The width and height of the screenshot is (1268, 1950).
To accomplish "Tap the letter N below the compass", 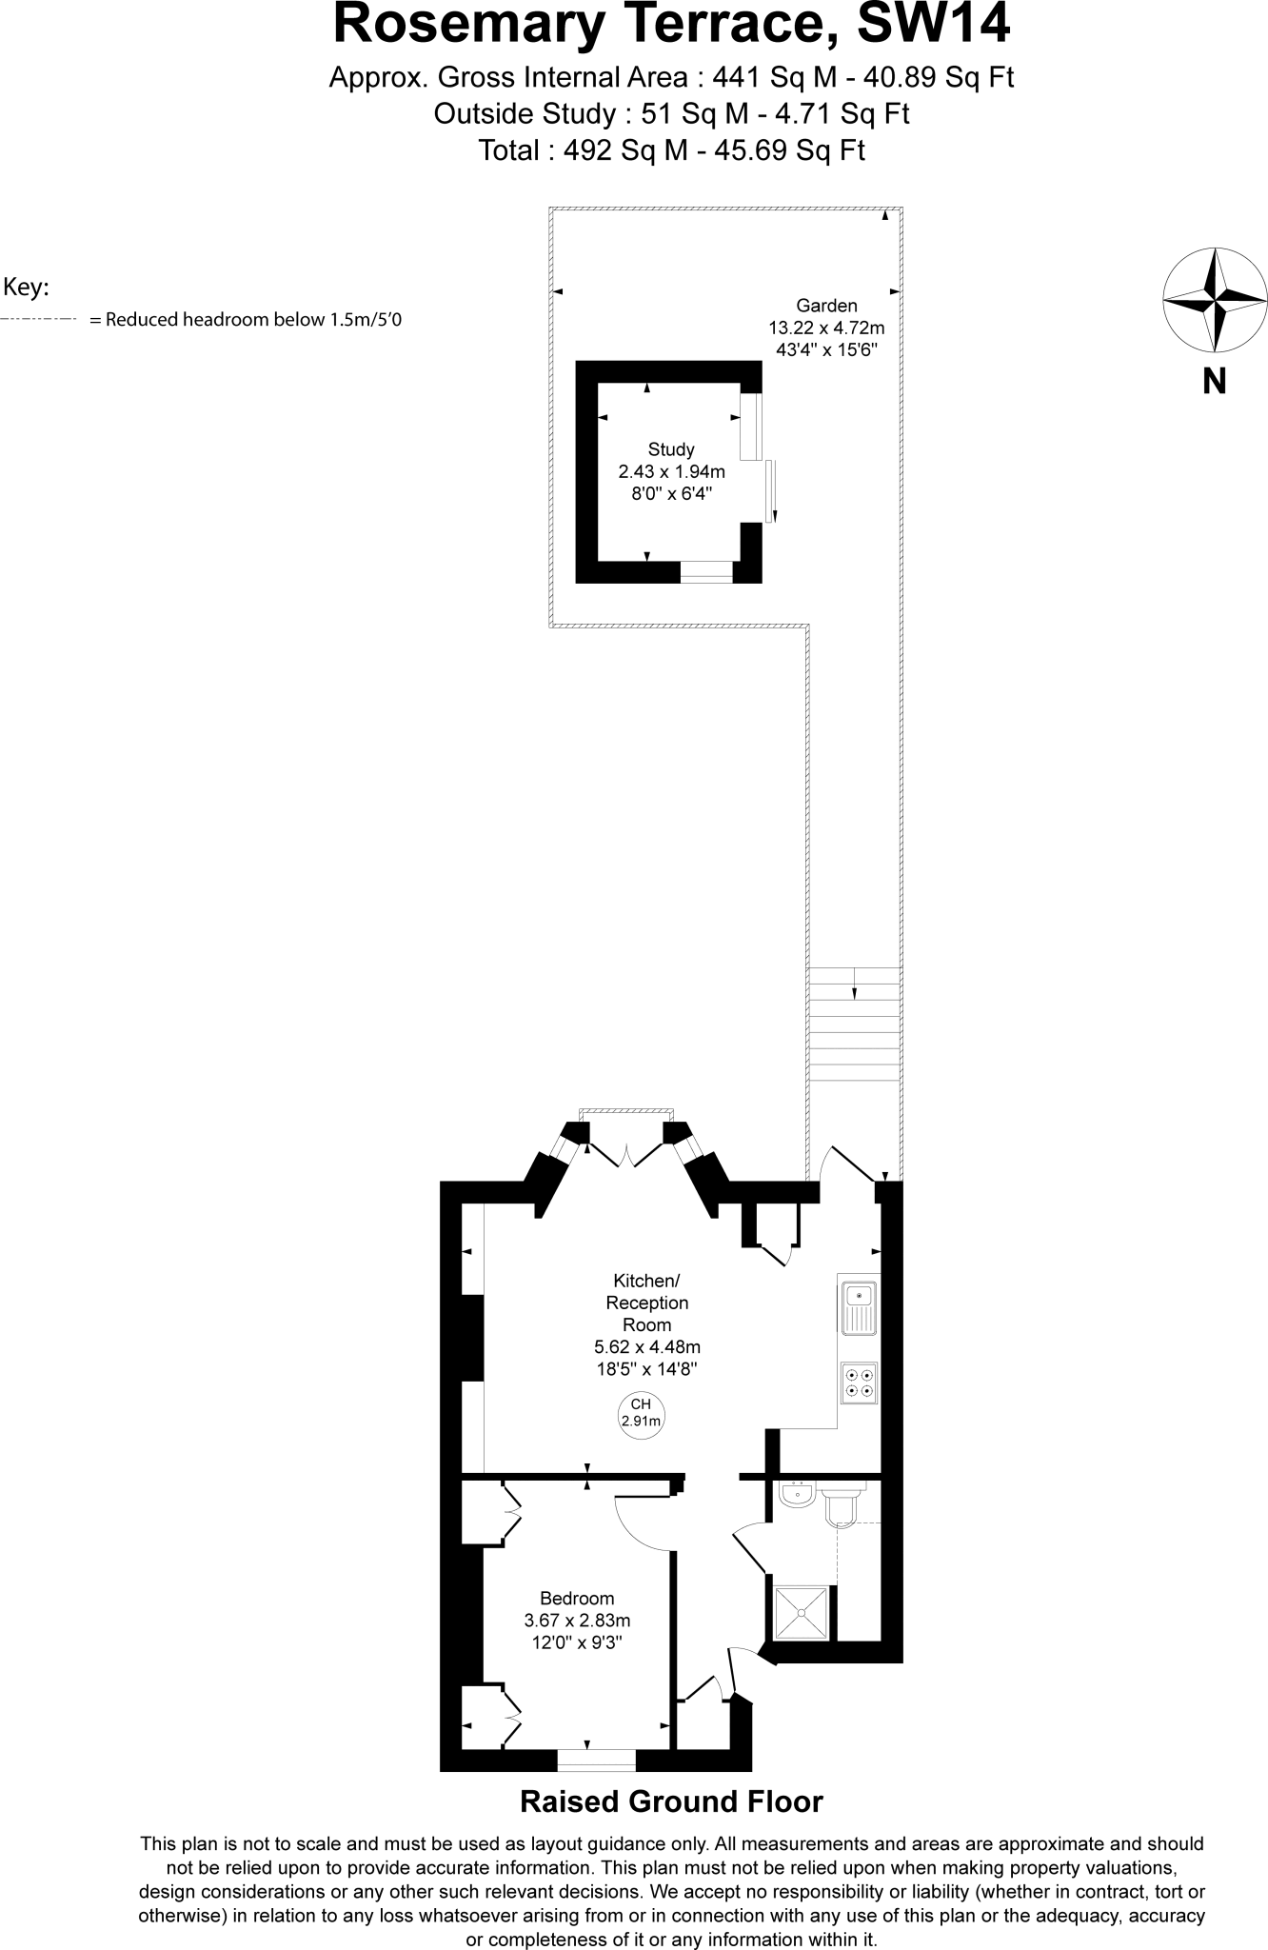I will click(x=1215, y=382).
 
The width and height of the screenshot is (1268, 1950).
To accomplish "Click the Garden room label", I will click(x=826, y=306).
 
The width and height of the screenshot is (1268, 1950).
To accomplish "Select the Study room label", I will click(x=671, y=449).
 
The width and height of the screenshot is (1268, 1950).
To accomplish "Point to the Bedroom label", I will click(x=577, y=1599).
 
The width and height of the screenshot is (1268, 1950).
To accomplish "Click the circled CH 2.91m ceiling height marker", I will click(x=641, y=1413).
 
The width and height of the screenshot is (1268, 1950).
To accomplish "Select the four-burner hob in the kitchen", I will click(x=859, y=1383).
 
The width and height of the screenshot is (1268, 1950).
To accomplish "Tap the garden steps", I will click(x=854, y=1023).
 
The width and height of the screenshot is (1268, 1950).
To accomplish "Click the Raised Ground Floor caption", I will click(x=671, y=1801).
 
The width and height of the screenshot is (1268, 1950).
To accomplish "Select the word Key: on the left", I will click(x=26, y=287).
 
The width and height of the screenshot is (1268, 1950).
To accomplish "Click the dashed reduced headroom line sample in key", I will click(x=38, y=320).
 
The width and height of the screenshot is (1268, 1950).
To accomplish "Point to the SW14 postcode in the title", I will click(x=933, y=24).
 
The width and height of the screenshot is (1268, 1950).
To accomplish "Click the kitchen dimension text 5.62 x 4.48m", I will click(x=646, y=1346).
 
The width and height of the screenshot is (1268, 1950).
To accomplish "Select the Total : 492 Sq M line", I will click(x=671, y=150).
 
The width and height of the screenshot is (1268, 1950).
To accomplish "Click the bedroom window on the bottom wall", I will click(x=596, y=1760).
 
